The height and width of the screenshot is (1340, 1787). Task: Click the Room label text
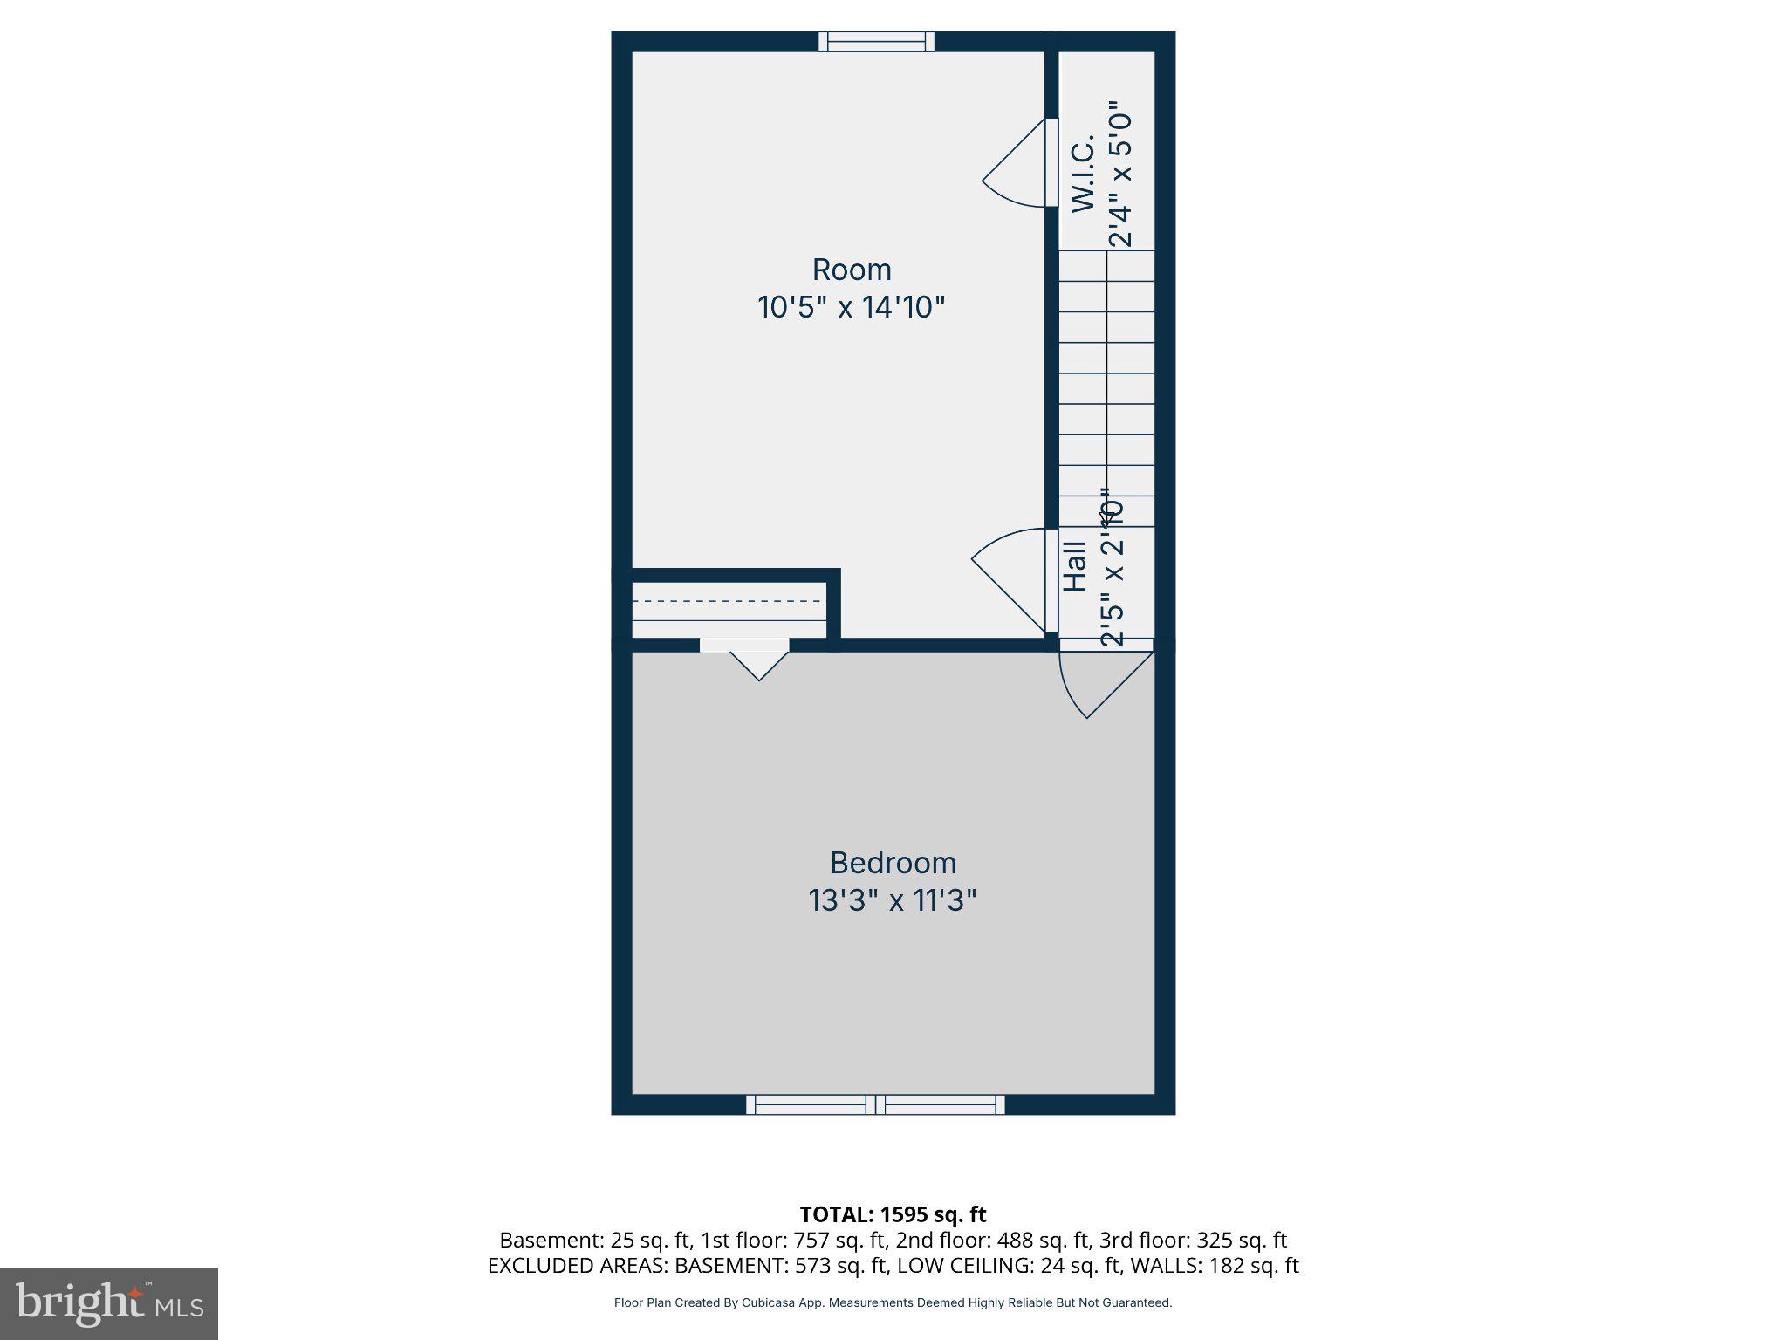851,270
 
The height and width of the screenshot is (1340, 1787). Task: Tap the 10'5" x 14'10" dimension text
851,307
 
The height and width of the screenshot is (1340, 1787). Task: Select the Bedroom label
893,863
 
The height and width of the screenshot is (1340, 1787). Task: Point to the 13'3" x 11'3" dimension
893,900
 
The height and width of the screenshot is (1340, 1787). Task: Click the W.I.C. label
1083,174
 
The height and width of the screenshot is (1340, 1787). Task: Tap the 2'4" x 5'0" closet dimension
1119,179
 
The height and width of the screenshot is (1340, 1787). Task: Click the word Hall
1075,567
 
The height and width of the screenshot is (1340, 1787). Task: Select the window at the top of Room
876,41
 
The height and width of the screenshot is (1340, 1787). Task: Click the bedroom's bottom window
875,1104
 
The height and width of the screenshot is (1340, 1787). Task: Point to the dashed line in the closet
728,601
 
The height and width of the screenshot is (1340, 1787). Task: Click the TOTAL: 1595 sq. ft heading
893,1214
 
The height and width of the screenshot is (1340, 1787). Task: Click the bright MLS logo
109,1304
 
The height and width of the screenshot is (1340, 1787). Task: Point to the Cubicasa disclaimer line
893,1302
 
